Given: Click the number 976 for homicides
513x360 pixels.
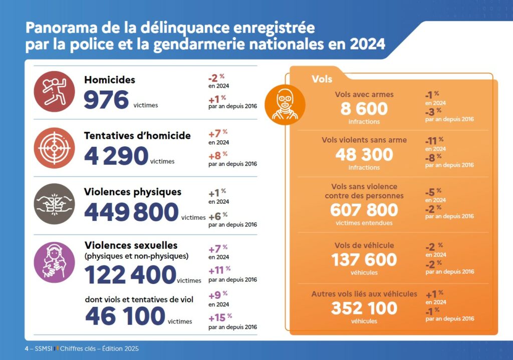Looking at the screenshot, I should pyautogui.click(x=106, y=100).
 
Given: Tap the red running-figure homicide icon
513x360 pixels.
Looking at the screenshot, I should pyautogui.click(x=54, y=92).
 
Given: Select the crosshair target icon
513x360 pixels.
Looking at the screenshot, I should pyautogui.click(x=54, y=148).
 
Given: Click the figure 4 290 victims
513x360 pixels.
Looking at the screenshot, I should pyautogui.click(x=116, y=156).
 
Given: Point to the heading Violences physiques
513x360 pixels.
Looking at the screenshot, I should pyautogui.click(x=133, y=192).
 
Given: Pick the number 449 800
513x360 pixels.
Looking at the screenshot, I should pyautogui.click(x=131, y=212).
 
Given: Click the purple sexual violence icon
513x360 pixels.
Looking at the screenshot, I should pyautogui.click(x=54, y=262).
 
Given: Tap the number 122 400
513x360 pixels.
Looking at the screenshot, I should pyautogui.click(x=130, y=275).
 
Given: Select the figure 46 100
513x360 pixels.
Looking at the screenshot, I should pyautogui.click(x=125, y=316).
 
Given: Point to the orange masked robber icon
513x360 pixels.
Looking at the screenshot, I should pyautogui.click(x=285, y=104).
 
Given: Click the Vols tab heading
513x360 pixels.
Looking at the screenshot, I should pyautogui.click(x=322, y=79).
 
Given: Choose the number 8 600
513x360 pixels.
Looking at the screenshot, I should pyautogui.click(x=364, y=108).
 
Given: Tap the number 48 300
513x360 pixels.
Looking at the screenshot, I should pyautogui.click(x=364, y=154).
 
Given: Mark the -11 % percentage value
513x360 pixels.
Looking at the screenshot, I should pyautogui.click(x=434, y=140).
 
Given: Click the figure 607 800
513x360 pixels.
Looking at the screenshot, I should pyautogui.click(x=364, y=210).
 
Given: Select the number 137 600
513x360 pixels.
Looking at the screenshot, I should pyautogui.click(x=364, y=260).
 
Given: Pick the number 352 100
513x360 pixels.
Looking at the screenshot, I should pyautogui.click(x=364, y=308).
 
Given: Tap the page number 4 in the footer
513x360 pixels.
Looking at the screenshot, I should pyautogui.click(x=27, y=348).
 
